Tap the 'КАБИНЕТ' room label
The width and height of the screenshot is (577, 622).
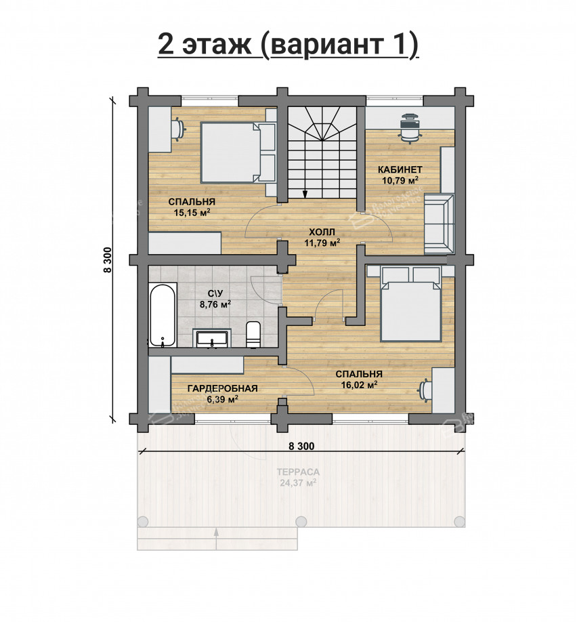401,169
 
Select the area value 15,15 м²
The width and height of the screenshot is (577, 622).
192,213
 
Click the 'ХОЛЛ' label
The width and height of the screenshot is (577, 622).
322,231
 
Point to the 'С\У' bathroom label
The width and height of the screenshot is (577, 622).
215,293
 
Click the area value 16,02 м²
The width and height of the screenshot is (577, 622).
359,384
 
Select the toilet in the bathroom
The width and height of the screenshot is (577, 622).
253,333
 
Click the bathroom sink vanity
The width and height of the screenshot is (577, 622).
213,337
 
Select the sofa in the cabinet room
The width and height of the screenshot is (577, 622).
439,223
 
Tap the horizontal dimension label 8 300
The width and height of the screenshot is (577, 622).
301,446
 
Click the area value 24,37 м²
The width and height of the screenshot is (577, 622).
298,483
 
